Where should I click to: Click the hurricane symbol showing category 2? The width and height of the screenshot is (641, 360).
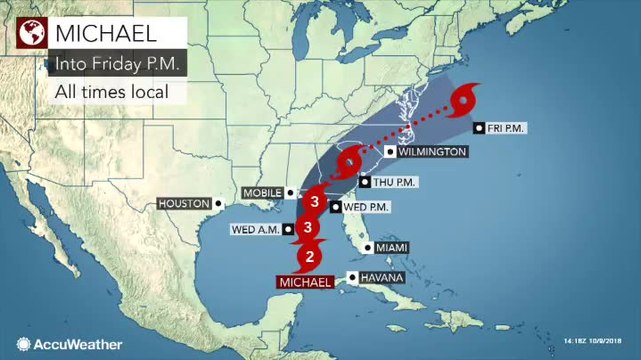pyautogui.click(x=310, y=256)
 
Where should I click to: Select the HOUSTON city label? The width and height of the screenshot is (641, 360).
pyautogui.click(x=183, y=204)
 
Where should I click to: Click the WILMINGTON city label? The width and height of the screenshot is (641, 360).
pyautogui.click(x=431, y=152)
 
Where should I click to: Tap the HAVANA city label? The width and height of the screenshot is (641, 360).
pyautogui.click(x=382, y=277)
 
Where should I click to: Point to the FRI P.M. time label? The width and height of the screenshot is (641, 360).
pyautogui.click(x=507, y=128)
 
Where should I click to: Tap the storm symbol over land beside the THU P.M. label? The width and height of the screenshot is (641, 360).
pyautogui.click(x=349, y=160)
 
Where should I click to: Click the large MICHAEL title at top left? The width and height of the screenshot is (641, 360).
pyautogui.click(x=105, y=33)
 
